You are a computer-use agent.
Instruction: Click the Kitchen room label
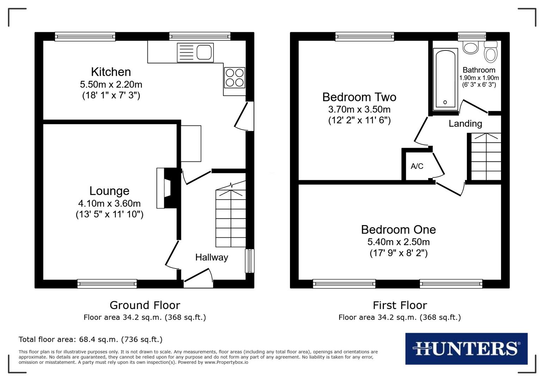click(x=111, y=72)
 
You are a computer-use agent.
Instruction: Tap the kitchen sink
click(x=196, y=52)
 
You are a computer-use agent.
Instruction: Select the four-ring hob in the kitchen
click(x=235, y=78)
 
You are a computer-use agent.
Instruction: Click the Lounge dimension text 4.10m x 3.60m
click(x=109, y=204)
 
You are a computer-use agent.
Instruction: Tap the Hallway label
click(x=211, y=258)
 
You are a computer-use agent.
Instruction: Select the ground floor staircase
click(x=231, y=219)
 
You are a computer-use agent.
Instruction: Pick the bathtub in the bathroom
click(x=445, y=78)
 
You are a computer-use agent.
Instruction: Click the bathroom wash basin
click(x=470, y=47)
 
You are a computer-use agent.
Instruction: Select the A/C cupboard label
click(x=417, y=166)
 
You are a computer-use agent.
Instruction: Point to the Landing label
click(x=465, y=124)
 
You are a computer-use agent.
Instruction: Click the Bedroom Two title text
click(x=359, y=97)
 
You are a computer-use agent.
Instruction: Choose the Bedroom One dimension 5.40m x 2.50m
click(x=398, y=242)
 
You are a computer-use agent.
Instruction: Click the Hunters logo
click(x=466, y=349)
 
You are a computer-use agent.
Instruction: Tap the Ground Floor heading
click(x=145, y=305)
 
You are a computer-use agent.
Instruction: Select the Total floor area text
click(x=91, y=340)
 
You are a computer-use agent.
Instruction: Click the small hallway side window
click(x=249, y=261)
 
